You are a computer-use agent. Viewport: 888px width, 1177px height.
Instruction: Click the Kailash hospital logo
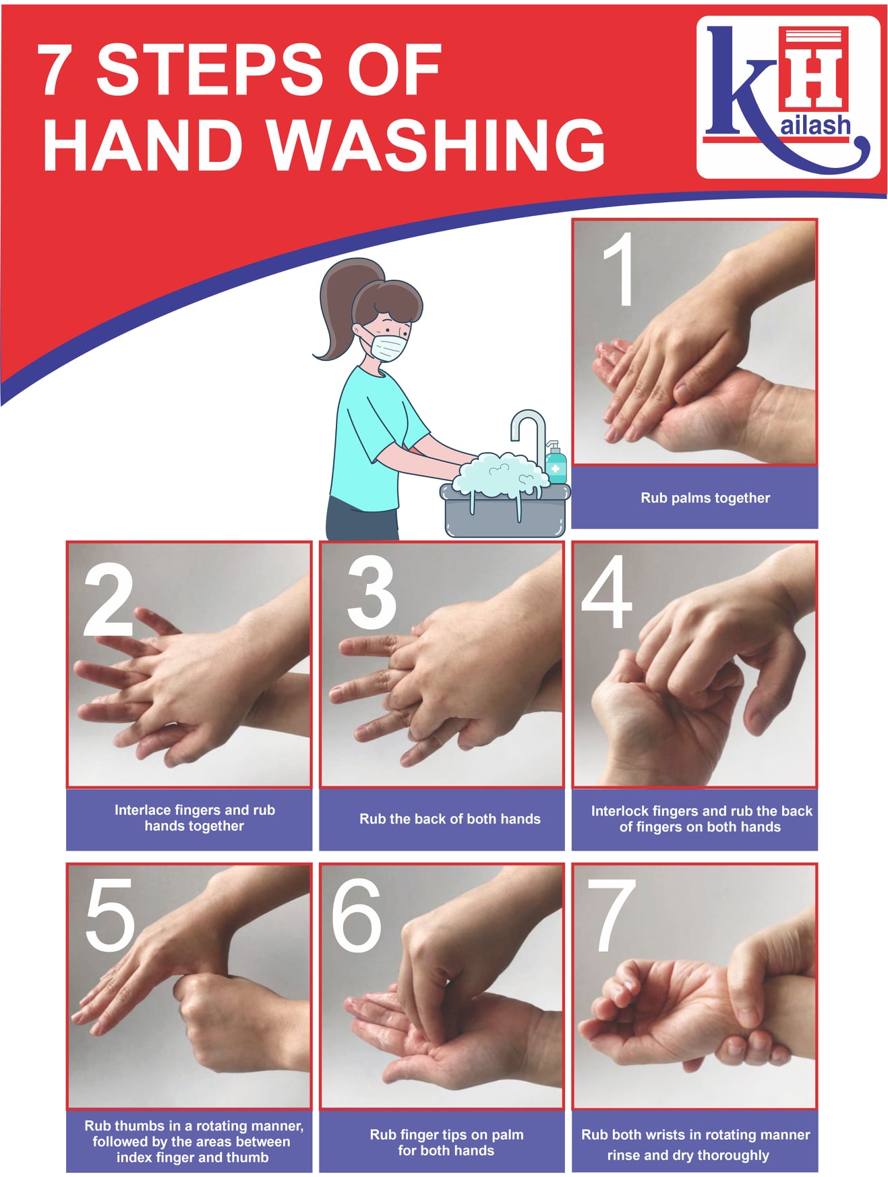pyautogui.click(x=788, y=98)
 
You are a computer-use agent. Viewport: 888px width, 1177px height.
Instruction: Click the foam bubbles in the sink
pyautogui.click(x=498, y=477)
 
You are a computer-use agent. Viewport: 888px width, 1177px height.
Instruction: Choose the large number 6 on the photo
pyautogui.click(x=356, y=915)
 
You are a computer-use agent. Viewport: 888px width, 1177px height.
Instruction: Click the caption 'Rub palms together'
pyautogui.click(x=705, y=498)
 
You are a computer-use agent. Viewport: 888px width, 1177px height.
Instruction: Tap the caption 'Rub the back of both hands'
pyautogui.click(x=450, y=819)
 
